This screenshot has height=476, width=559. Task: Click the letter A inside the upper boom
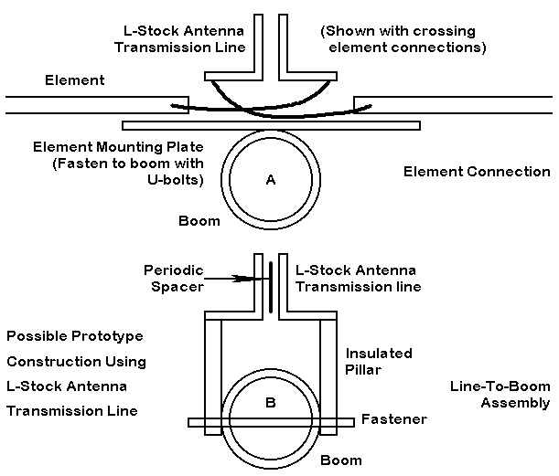[270, 180]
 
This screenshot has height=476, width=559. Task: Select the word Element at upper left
[75, 80]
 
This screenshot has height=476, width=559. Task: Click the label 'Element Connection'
[477, 171]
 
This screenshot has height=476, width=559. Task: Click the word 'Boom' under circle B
[341, 460]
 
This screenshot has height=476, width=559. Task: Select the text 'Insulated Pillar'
[379, 362]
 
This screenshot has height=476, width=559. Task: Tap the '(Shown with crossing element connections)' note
[403, 38]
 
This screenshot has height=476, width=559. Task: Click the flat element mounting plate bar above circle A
[270, 124]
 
